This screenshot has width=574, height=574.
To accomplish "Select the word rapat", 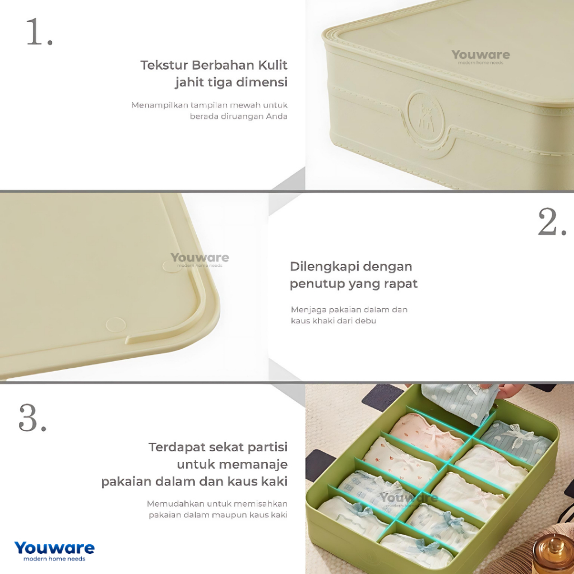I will (400, 284).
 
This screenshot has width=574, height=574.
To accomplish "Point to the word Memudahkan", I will (176, 503).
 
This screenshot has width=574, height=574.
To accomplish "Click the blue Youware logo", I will (54, 548).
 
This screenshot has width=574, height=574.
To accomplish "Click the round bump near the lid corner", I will (115, 324).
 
